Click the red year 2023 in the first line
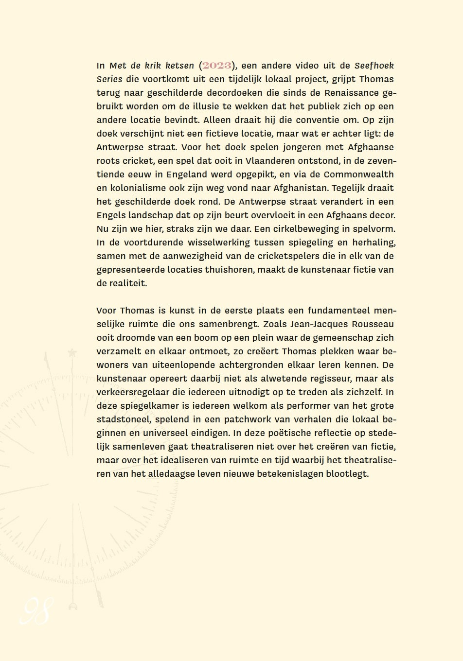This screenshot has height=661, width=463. [x=217, y=66]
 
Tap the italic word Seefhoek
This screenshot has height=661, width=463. [x=374, y=65]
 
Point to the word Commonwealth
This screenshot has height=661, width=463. [x=359, y=174]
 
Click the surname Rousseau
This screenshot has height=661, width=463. [x=374, y=324]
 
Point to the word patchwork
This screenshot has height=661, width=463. [x=235, y=419]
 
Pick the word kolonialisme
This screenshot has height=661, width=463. [x=136, y=188]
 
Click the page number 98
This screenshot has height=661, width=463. [x=36, y=611]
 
